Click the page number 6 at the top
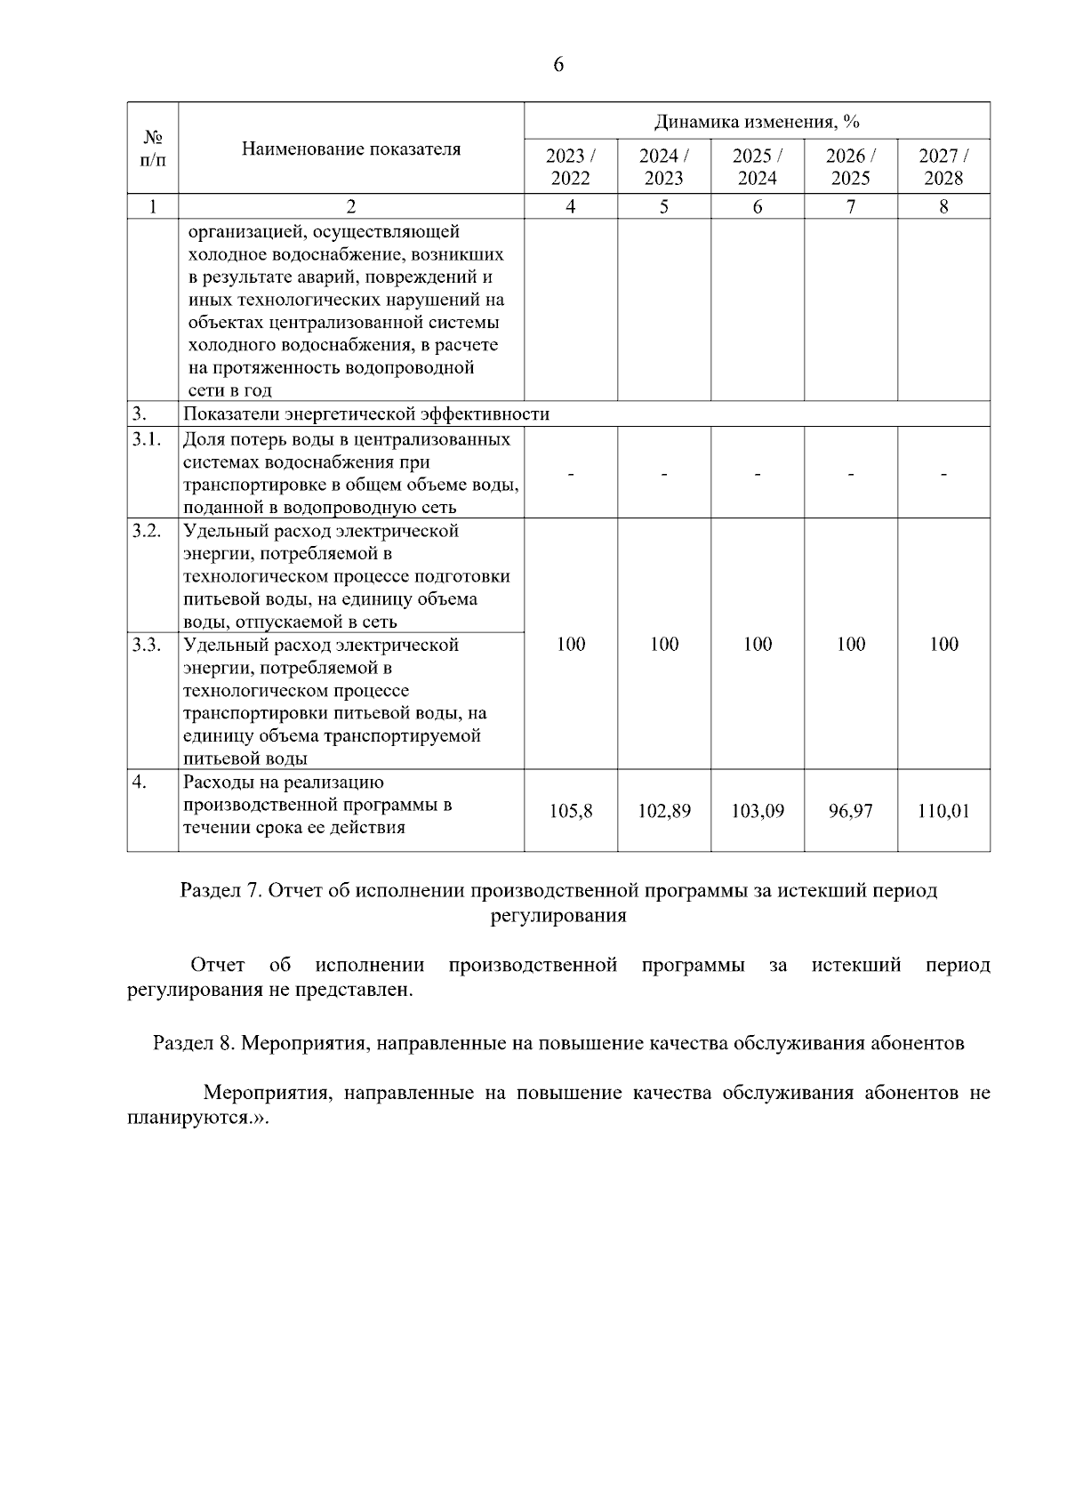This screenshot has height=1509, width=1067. [x=558, y=65]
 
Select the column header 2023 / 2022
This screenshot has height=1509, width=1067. [x=571, y=166]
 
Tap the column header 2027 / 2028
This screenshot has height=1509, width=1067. [x=943, y=166]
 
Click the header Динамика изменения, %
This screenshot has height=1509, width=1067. [x=757, y=121]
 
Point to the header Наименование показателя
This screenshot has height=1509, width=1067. [x=351, y=148]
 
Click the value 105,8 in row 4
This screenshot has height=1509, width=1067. [x=571, y=811]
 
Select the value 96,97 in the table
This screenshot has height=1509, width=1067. [x=851, y=811]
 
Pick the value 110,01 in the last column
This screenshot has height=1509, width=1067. [x=943, y=811]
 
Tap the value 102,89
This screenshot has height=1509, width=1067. [x=664, y=811]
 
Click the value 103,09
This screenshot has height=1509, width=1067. [x=758, y=811]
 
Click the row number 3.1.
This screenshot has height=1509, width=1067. [x=147, y=439]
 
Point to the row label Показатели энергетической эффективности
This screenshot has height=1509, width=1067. [x=366, y=414]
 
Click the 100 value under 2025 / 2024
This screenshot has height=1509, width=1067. [x=758, y=644]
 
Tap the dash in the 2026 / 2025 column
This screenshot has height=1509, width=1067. [x=851, y=475]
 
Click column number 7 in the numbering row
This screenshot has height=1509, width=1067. [x=851, y=206]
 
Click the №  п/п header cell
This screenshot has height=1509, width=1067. [x=153, y=148]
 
